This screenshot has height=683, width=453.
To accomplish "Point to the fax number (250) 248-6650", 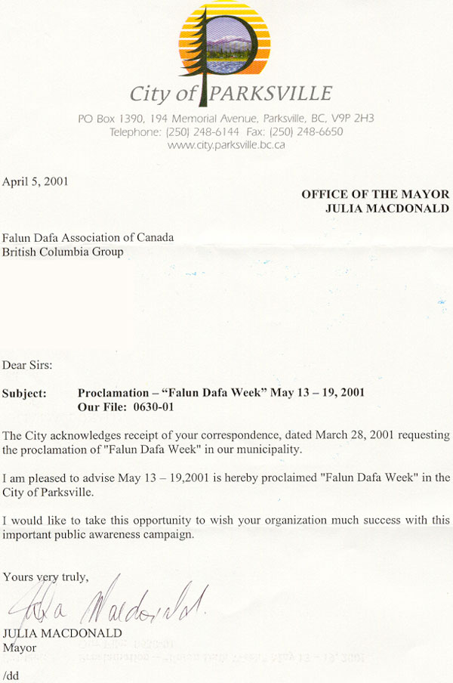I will (x=306, y=131).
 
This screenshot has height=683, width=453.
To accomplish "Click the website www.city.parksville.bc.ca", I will (x=226, y=144).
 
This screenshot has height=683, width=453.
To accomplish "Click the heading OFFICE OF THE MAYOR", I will (x=375, y=194).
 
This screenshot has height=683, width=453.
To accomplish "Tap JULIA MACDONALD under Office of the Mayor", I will (x=387, y=208).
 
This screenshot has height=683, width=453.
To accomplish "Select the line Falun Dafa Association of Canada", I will (x=88, y=238).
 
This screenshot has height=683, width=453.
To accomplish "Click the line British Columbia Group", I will (x=63, y=252).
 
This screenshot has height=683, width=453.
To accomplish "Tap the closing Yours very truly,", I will (x=46, y=577).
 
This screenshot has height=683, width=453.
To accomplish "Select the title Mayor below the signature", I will (x=19, y=647).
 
